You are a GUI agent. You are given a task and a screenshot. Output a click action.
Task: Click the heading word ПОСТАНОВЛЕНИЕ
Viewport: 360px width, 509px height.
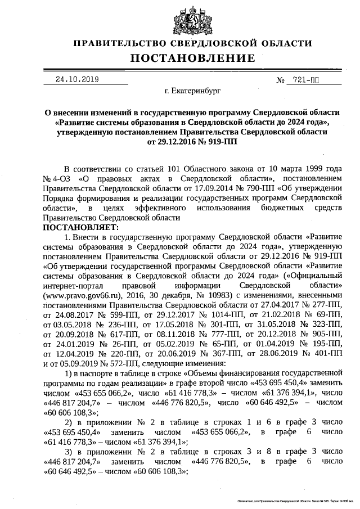[x=193, y=58]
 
